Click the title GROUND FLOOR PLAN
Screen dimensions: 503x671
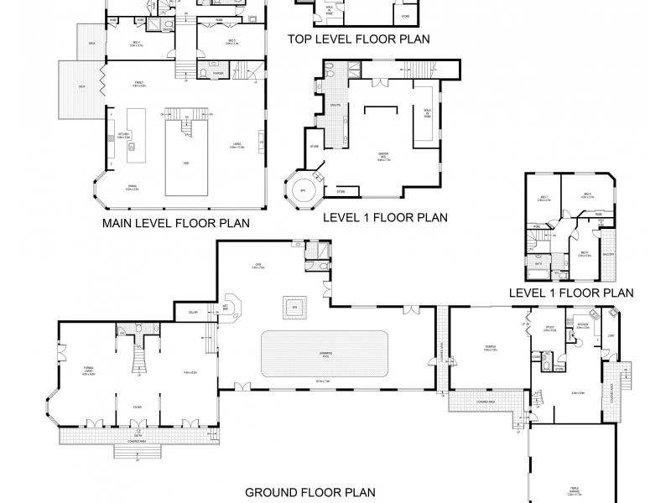pos(309,493)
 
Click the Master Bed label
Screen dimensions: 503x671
pos(384,154)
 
